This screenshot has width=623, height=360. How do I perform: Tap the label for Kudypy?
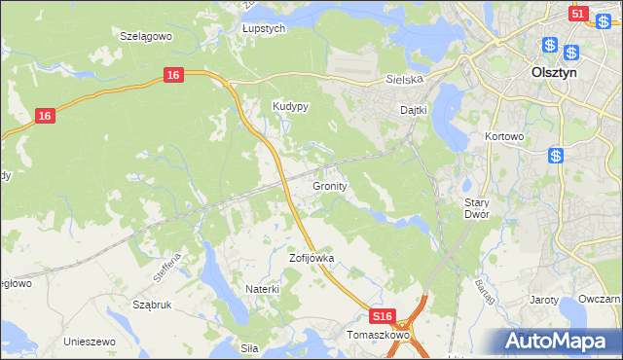(290, 108)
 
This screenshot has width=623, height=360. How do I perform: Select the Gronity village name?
(331, 185)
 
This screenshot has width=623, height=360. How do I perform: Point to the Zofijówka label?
(311, 259)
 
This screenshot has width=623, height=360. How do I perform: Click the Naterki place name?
(263, 289)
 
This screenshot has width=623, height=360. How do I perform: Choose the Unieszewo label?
(90, 342)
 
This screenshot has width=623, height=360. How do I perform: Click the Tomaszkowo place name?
(378, 335)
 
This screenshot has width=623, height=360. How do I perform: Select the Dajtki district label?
(415, 110)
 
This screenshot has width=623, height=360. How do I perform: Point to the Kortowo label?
(504, 137)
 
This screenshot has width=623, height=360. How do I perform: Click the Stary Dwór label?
(476, 207)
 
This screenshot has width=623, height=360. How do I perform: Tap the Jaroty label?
(545, 300)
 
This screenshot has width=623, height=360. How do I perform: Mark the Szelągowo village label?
(145, 35)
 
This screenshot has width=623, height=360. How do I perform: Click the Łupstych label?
(263, 29)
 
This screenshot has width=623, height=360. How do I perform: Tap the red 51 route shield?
(577, 14)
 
